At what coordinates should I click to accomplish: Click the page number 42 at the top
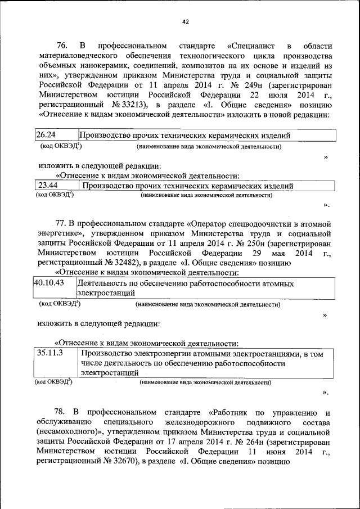pyautogui.click(x=185, y=22)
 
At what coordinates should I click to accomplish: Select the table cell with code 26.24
pyautogui.click(x=55, y=136)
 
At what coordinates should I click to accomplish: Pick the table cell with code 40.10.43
pyautogui.click(x=54, y=288)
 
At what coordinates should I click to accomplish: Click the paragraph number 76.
pyautogui.click(x=62, y=46)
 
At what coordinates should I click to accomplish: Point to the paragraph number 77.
pyautogui.click(x=61, y=223)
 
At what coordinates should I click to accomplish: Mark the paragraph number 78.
pyautogui.click(x=62, y=412)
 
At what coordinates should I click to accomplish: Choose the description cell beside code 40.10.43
pyautogui.click(x=205, y=288)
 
